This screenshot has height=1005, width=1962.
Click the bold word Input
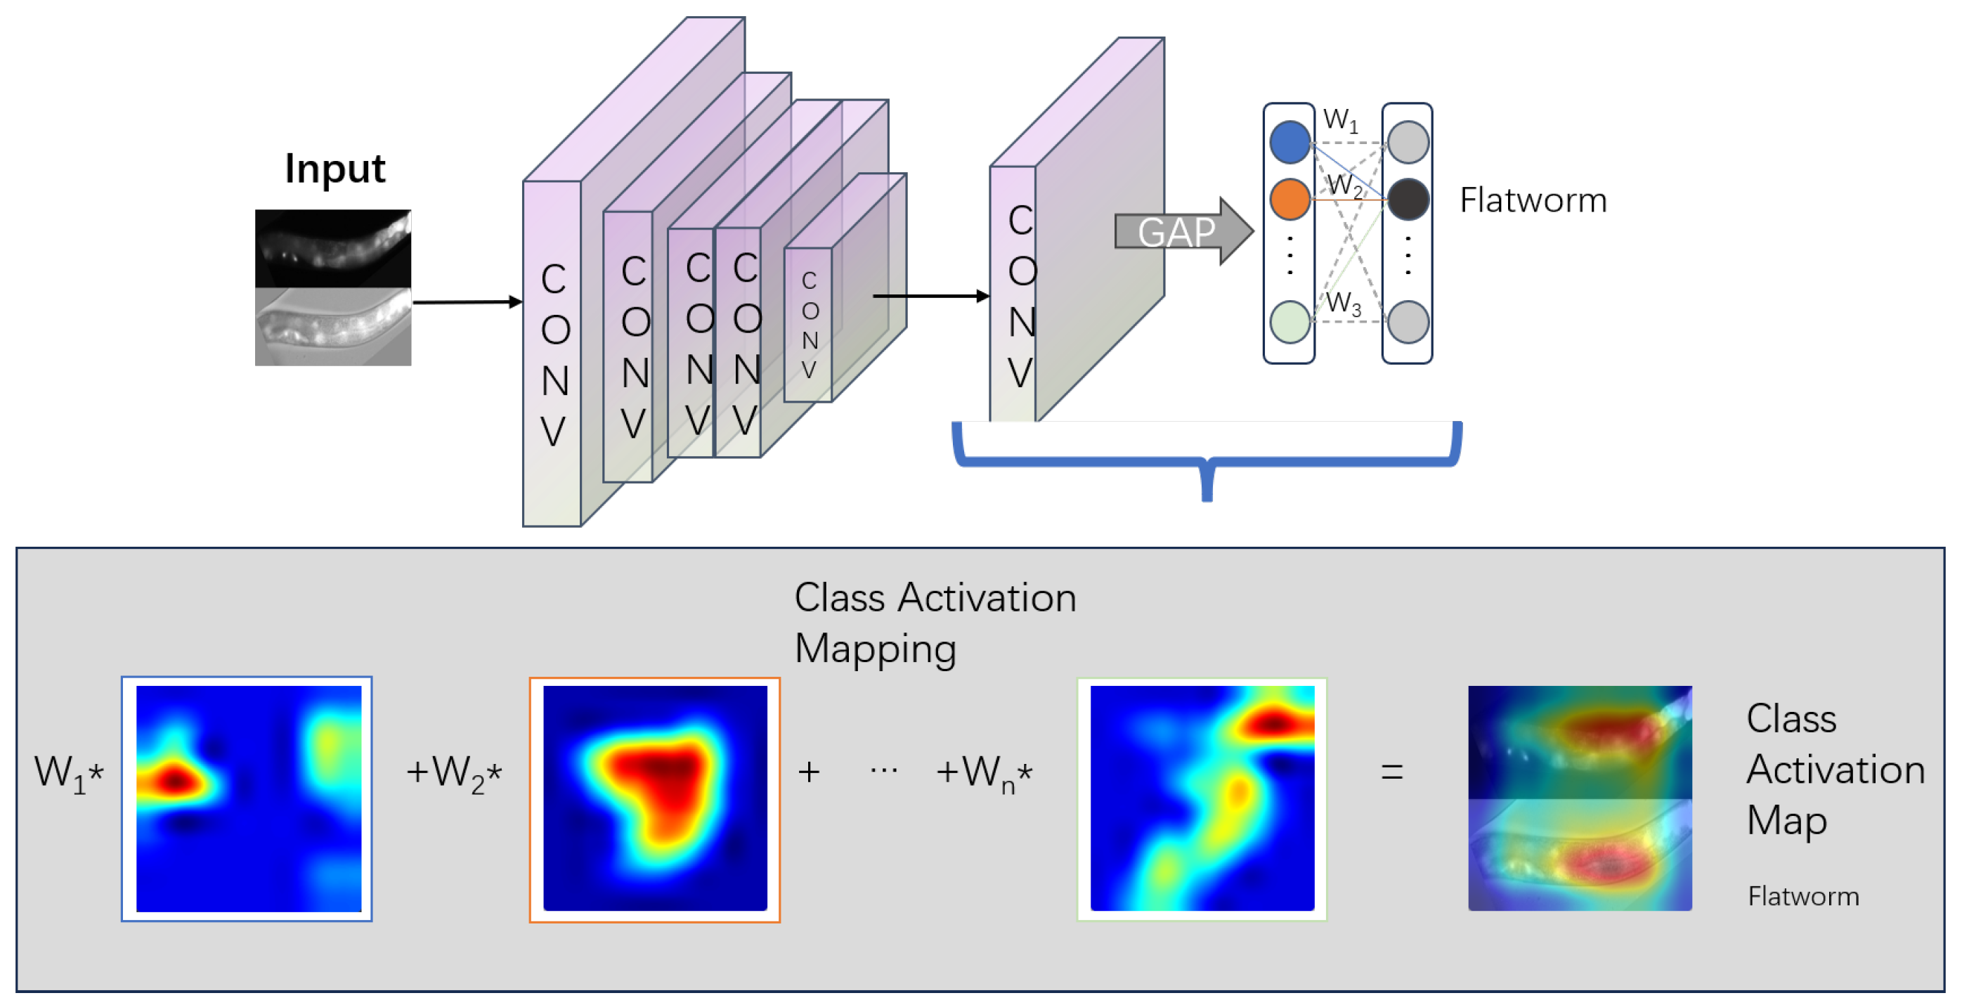[x=334, y=169]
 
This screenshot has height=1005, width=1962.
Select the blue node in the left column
[x=1289, y=143]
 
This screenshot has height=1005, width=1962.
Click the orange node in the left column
[x=1289, y=199]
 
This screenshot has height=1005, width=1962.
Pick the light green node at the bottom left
[x=1289, y=322]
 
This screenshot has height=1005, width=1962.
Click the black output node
[x=1408, y=199]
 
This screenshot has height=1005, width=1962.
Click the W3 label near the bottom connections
[x=1343, y=303]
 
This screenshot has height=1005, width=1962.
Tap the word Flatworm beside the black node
[x=1533, y=200]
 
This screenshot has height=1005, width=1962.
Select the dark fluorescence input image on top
[x=333, y=248]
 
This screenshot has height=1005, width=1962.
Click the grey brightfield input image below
[x=333, y=327]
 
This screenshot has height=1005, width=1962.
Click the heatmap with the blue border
[x=247, y=798]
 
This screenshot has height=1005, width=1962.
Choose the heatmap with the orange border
[x=654, y=798]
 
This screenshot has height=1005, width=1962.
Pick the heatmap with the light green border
[x=1201, y=798]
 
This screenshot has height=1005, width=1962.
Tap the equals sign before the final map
[x=1391, y=772]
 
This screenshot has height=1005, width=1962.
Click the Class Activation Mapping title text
[x=934, y=623]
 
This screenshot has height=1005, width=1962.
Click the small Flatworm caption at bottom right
[x=1802, y=896]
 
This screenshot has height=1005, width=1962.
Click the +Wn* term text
[x=983, y=773]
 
